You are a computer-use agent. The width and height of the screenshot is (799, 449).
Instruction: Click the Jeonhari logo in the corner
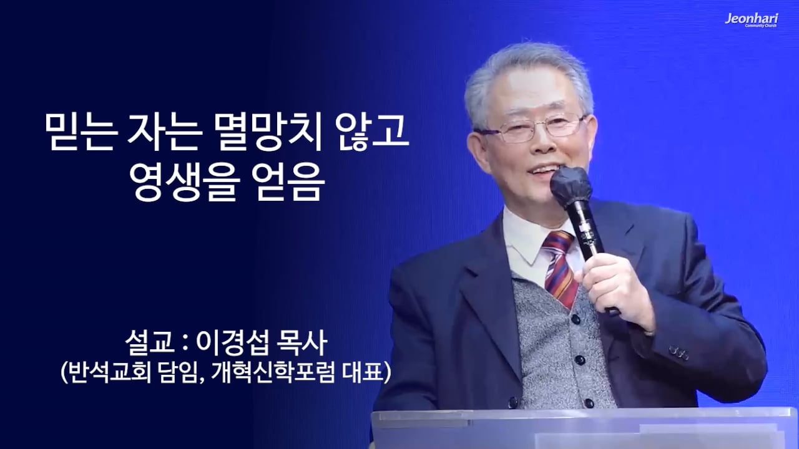[751, 20]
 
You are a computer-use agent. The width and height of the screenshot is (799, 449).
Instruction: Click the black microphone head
[570, 184]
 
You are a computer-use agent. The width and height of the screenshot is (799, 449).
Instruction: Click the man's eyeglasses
[531, 128]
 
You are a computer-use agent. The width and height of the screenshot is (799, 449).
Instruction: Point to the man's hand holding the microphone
[615, 281]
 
